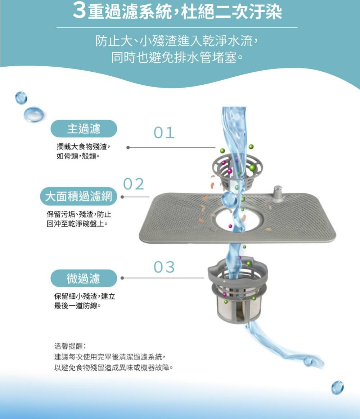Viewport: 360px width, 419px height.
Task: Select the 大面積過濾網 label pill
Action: pos(79,197)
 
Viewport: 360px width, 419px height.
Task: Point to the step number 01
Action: pos(164,133)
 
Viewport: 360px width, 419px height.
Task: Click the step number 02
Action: pos(134,184)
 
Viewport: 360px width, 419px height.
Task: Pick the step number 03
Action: pos(164,267)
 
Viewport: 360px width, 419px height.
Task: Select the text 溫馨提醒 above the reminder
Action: pos(70,346)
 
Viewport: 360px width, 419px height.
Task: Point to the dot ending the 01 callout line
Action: pos(128,147)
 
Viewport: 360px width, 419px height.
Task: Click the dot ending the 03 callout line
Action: pos(122,278)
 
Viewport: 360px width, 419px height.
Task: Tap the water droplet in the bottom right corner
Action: pos(337,387)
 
